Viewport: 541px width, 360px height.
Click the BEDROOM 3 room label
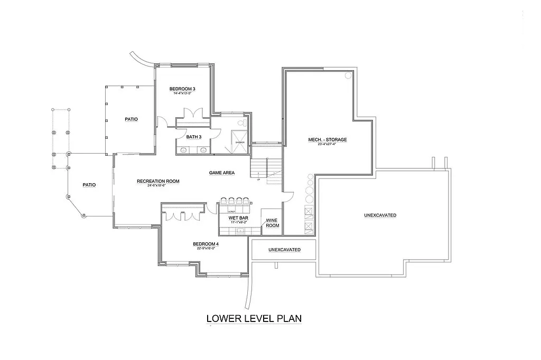click(183, 88)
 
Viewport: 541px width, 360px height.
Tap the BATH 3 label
click(193, 137)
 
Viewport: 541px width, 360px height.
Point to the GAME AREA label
click(222, 173)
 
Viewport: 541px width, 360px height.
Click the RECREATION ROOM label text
click(158, 181)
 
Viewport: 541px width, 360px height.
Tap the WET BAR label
click(235, 217)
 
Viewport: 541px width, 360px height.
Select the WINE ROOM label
click(272, 223)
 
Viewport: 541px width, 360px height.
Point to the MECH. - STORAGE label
click(328, 140)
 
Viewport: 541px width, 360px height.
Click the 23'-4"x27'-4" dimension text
click(328, 144)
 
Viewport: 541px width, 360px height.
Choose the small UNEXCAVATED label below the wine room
click(284, 249)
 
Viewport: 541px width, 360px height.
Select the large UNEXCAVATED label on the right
click(380, 215)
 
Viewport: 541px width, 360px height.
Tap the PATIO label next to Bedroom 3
click(131, 119)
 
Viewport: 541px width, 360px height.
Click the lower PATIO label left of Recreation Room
click(89, 185)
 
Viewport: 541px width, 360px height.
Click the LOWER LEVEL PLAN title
click(254, 318)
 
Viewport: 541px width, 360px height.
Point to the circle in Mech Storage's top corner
click(348, 76)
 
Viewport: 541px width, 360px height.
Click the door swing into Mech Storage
click(288, 196)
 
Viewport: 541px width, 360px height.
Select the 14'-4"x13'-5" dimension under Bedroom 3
click(182, 93)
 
